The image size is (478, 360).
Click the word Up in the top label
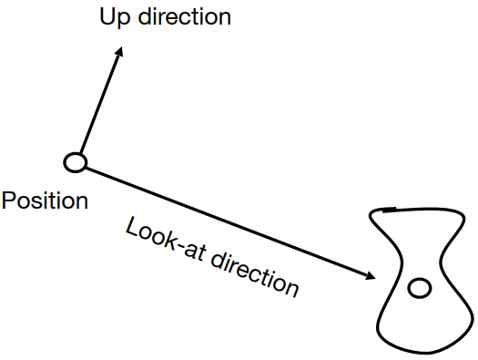(x=112, y=17)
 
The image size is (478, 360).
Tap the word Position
(x=45, y=201)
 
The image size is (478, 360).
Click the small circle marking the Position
(x=76, y=162)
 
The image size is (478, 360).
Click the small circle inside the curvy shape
(x=419, y=289)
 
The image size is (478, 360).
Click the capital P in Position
(x=9, y=201)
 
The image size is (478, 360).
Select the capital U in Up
(x=105, y=16)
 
